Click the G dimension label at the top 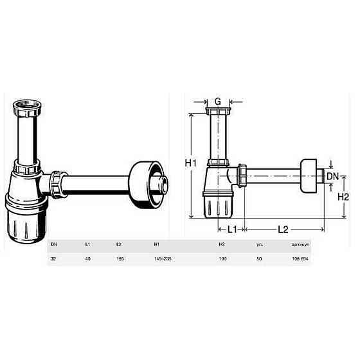218,100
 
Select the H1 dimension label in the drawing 191,164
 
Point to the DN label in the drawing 332,176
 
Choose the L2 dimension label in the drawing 283,229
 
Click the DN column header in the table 54,245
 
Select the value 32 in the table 54,258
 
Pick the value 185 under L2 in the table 120,258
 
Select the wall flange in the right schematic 310,174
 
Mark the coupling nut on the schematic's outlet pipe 243,175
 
